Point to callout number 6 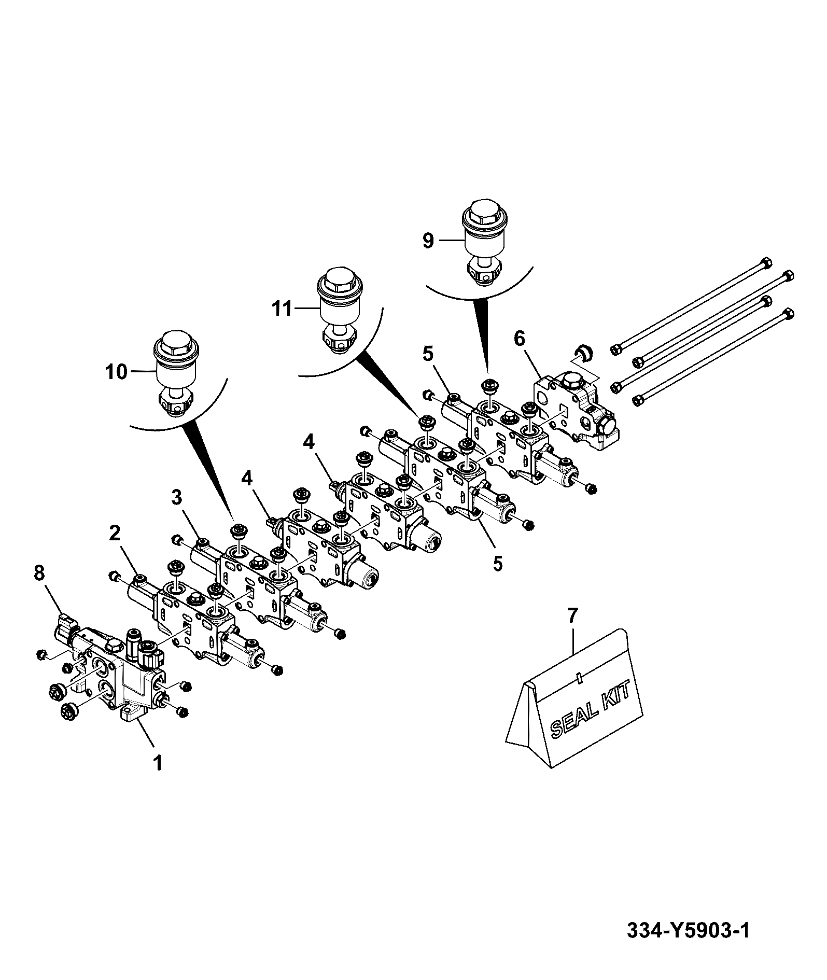(519, 339)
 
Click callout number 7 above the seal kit (571, 615)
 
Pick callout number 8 (39, 573)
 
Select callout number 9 (428, 241)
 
